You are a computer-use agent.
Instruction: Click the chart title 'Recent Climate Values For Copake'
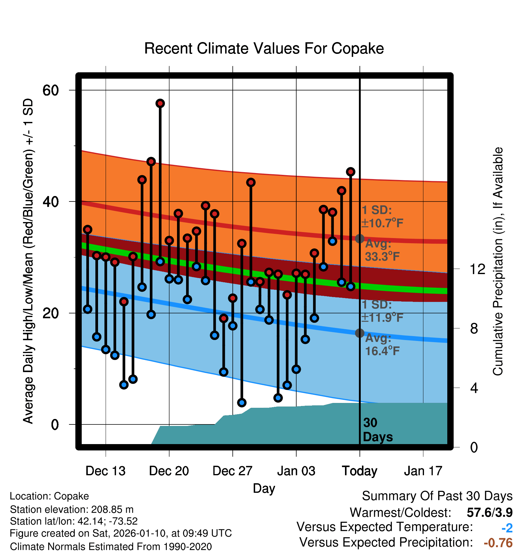[x=264, y=48]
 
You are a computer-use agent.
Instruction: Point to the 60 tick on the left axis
[x=51, y=90]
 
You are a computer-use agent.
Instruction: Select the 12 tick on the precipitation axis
[x=477, y=269]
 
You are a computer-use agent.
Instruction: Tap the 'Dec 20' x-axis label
[x=169, y=471]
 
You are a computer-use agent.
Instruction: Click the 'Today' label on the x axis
[x=360, y=471]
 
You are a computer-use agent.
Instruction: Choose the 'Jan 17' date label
[x=423, y=471]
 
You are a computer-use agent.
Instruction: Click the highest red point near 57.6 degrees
[x=160, y=103]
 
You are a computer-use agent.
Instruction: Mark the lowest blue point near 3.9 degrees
[x=242, y=403]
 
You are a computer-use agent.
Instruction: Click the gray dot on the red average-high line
[x=360, y=239]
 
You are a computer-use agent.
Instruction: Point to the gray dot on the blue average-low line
[x=360, y=333]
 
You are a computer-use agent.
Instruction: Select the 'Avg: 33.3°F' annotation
[x=382, y=250]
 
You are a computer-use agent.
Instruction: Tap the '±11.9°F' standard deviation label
[x=382, y=318]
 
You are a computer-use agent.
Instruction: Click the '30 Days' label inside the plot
[x=377, y=430]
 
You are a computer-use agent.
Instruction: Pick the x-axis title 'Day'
[x=264, y=488]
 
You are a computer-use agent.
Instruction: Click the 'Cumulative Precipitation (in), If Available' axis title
[x=498, y=261]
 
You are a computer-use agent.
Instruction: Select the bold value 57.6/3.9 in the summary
[x=490, y=512]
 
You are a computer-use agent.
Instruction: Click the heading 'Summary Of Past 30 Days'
[x=437, y=496]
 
